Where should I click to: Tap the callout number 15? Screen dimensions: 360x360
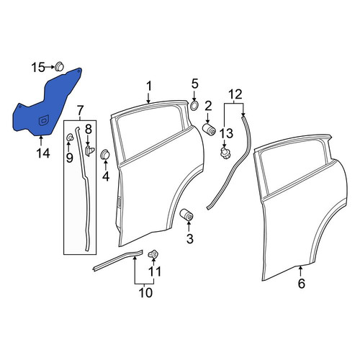pyautogui.click(x=38, y=68)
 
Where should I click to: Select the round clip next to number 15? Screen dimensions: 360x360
pyautogui.click(x=59, y=66)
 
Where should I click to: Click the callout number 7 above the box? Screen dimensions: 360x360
pyautogui.click(x=80, y=111)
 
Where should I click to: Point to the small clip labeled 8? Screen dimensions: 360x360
pyautogui.click(x=90, y=150)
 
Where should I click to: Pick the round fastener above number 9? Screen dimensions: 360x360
pyautogui.click(x=69, y=138)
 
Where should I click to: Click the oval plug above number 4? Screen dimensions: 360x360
pyautogui.click(x=104, y=154)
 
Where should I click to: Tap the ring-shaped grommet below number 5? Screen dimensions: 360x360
pyautogui.click(x=194, y=105)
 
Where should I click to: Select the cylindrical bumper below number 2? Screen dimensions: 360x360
pyautogui.click(x=209, y=129)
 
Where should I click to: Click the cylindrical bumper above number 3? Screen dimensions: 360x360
pyautogui.click(x=186, y=214)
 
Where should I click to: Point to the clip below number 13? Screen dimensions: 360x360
pyautogui.click(x=225, y=153)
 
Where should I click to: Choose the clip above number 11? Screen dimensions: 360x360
pyautogui.click(x=153, y=254)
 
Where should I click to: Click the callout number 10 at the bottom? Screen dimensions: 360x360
pyautogui.click(x=145, y=292)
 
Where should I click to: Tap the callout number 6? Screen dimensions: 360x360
pyautogui.click(x=302, y=284)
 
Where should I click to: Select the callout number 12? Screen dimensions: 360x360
pyautogui.click(x=235, y=94)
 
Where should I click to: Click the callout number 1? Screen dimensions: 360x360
pyautogui.click(x=149, y=86)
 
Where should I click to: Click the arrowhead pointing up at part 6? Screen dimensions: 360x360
pyautogui.click(x=300, y=268)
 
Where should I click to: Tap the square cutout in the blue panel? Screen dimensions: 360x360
pyautogui.click(x=43, y=120)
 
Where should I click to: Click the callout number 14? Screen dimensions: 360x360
pyautogui.click(x=43, y=153)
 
